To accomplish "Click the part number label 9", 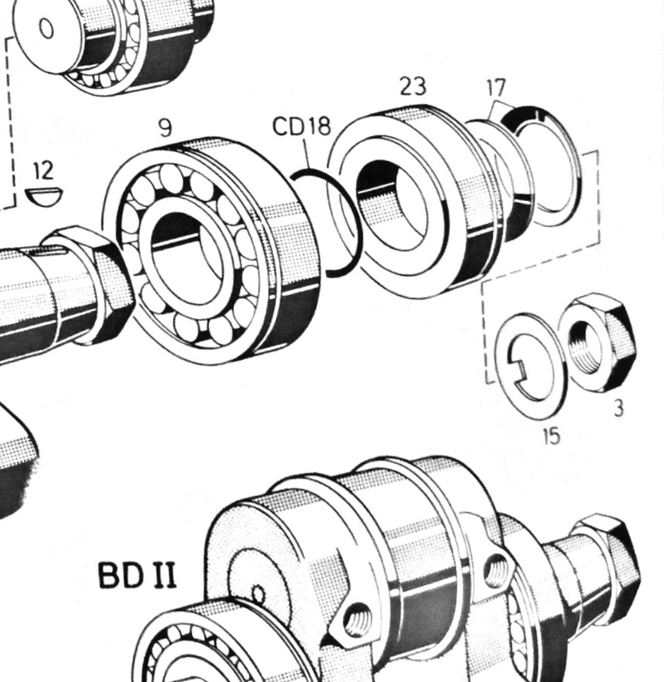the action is click(x=165, y=127).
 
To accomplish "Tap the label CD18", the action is click(x=301, y=127).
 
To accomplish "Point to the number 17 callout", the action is click(x=496, y=88).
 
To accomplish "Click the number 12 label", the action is click(x=43, y=171).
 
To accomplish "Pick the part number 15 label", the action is click(x=551, y=436).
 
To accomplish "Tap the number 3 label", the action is click(x=619, y=409).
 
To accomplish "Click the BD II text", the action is click(x=138, y=576).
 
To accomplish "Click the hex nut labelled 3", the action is click(x=598, y=343).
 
